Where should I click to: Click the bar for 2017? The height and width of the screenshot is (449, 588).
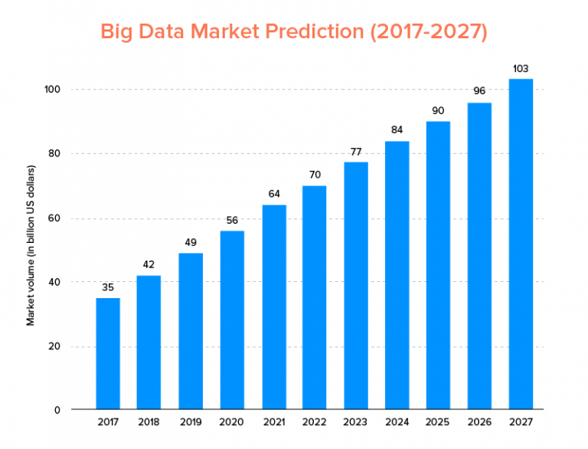tap(108, 352)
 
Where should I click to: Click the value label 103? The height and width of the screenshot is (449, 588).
tap(521, 68)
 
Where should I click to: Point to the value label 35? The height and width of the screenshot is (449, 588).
tap(108, 287)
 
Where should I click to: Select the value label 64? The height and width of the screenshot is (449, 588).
tap(273, 194)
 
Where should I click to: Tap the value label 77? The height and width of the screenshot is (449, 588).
tap(356, 151)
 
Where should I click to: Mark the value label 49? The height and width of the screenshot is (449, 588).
tap(191, 242)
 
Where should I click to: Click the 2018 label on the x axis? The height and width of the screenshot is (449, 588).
tap(149, 421)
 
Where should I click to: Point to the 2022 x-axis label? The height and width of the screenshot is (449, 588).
tap(315, 421)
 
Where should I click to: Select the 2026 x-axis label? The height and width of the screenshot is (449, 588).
tap(479, 421)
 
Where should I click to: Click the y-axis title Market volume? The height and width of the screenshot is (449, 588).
tap(31, 245)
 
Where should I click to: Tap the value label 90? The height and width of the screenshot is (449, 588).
tap(438, 110)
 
